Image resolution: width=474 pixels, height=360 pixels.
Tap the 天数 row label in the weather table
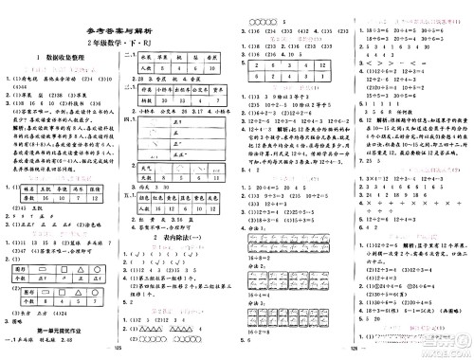147,176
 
